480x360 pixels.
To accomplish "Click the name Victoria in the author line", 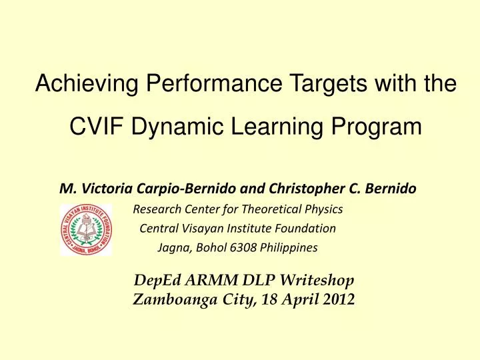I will point(98,189).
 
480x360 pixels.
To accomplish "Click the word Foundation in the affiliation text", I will point(303,229).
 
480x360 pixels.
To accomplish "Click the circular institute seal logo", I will point(86,230).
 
